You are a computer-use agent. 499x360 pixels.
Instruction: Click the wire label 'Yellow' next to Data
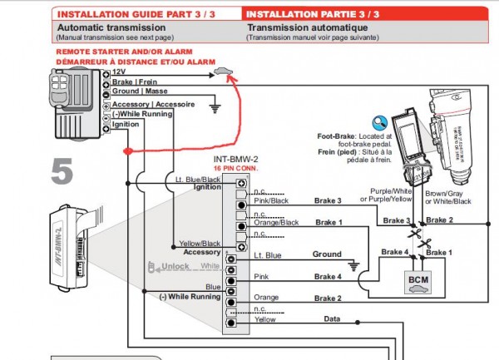(x=265, y=319)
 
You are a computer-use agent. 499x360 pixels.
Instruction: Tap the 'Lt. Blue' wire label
(x=269, y=255)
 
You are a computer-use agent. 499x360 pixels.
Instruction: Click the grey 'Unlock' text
(x=176, y=266)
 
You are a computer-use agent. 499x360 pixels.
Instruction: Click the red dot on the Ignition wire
(x=126, y=150)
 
